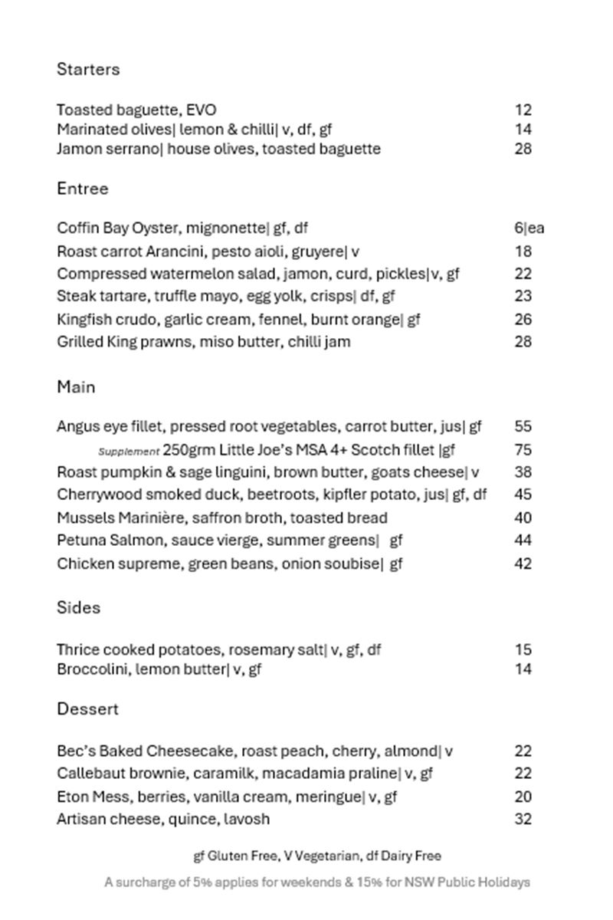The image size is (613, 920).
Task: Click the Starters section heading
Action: (88, 69)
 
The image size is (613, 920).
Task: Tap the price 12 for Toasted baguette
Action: (523, 110)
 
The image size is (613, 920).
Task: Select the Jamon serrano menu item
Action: (218, 149)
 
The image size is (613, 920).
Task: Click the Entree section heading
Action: (83, 189)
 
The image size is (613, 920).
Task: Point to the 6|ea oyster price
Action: (529, 228)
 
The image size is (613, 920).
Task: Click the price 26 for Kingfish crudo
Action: (523, 319)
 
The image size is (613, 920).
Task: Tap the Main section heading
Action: (76, 387)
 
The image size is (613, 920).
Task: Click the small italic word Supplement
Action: (129, 452)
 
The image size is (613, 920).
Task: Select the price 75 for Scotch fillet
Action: (523, 449)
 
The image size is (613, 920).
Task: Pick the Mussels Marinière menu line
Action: (222, 518)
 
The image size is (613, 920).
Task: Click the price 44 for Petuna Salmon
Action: (523, 540)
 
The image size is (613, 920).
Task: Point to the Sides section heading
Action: (78, 608)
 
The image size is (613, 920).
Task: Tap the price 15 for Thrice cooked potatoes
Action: (523, 649)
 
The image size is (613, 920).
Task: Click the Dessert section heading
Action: (87, 709)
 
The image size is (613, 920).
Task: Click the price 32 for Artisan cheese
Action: (523, 819)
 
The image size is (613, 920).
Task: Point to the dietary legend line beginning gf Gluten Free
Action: (317, 856)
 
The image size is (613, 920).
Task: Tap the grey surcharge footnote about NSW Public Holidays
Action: (317, 882)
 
